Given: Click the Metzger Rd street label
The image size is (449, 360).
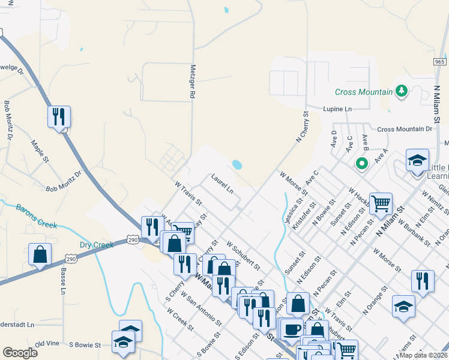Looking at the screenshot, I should pos(193,82).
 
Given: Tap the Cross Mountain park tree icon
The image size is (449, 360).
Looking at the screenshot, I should pos(402,91).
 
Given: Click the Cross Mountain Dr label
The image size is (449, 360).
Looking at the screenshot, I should pos(405,129).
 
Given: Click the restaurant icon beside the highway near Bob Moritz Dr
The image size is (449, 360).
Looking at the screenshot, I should pos(59,116).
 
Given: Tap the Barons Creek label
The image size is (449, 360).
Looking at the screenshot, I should pos(36,218).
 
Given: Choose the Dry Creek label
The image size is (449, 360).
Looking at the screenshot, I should pos(96,245).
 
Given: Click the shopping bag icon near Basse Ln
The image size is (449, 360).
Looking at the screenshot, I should pos(40,254).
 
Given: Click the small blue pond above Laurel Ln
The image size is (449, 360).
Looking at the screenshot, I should pos(237,164).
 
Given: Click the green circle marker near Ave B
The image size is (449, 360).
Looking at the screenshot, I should pos(361,163).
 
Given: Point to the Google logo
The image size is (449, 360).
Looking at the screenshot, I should pos(20,353).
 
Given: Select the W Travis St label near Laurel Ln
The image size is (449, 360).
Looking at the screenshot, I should pos(188,193).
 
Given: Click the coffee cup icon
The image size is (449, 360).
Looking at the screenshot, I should pos(292,329).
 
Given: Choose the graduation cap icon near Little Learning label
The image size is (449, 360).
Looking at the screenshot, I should pos(417,160).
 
